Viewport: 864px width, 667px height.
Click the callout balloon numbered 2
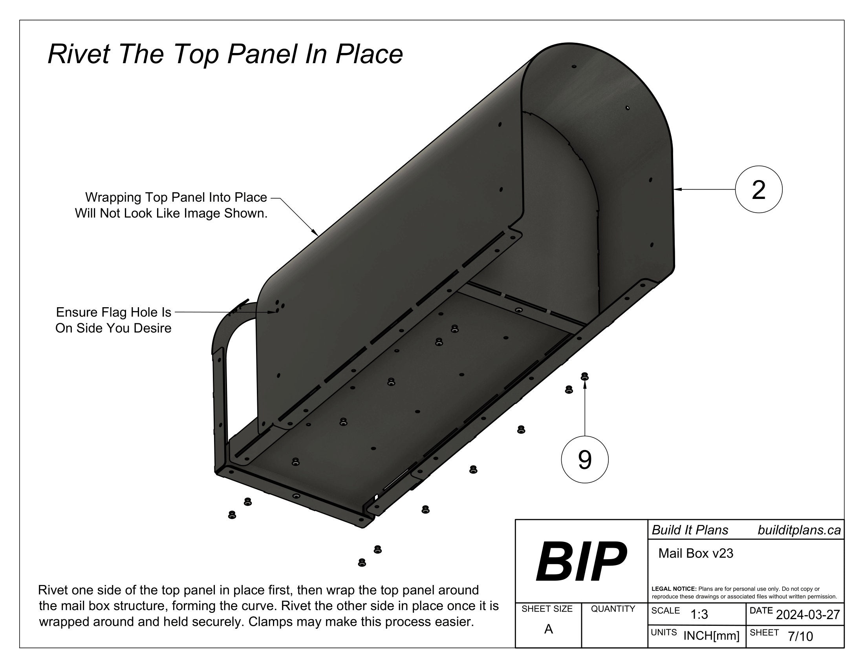point(758,190)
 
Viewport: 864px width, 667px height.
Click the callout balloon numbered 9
point(584,459)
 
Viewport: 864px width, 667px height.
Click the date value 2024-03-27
point(807,615)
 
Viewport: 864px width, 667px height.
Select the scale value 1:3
point(699,615)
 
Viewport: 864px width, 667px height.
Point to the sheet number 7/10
point(800,636)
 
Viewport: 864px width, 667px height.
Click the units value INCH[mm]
point(711,636)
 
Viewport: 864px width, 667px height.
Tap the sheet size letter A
point(548,629)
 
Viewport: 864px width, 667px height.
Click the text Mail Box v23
point(696,554)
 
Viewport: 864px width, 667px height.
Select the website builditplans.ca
point(799,530)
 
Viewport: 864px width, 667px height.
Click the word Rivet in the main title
point(77,54)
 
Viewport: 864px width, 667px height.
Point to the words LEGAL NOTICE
point(674,589)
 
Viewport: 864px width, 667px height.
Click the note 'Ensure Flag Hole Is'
point(113,313)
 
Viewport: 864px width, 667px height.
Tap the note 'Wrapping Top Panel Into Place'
point(176,197)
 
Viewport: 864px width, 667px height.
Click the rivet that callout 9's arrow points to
point(584,377)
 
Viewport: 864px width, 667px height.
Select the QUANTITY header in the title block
point(612,609)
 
